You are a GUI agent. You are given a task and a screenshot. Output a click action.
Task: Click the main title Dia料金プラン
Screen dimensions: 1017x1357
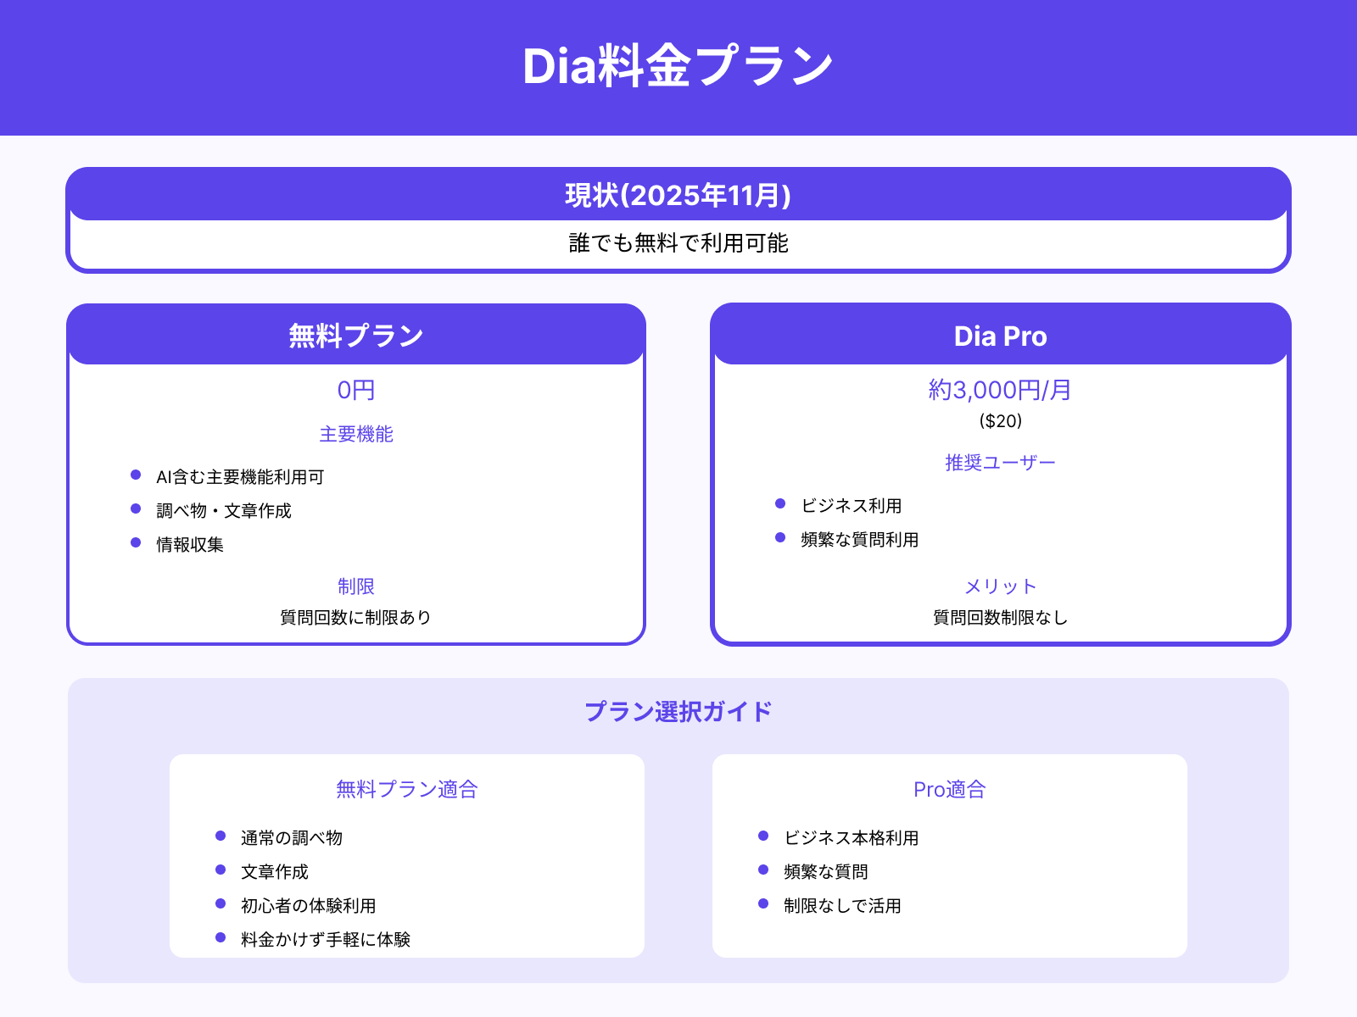[x=678, y=66]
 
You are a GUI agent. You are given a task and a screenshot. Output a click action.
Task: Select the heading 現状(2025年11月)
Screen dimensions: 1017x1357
[x=678, y=196]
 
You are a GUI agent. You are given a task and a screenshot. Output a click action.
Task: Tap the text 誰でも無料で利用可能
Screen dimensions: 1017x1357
[x=678, y=243]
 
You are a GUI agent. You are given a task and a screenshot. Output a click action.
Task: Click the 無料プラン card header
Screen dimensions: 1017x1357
[x=356, y=336]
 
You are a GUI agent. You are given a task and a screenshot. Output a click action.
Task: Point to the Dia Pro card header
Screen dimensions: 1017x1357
[x=1000, y=336]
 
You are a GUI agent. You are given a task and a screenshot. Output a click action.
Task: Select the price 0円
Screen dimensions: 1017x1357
[x=356, y=390]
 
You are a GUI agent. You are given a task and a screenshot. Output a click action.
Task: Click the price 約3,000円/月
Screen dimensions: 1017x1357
[x=1000, y=390]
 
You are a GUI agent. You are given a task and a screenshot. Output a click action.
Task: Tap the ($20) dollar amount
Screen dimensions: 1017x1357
[x=1000, y=420]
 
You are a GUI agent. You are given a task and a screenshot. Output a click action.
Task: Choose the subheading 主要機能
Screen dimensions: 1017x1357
[x=356, y=434]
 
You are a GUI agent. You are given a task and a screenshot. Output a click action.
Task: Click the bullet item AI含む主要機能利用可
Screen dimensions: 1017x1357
[x=240, y=477]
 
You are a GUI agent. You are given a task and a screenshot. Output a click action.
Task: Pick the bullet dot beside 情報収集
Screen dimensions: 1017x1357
[x=136, y=542]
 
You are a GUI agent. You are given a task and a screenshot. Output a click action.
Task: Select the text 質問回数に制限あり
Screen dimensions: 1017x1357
[x=356, y=617]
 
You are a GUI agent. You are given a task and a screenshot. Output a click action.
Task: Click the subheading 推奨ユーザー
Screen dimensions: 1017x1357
[x=1000, y=463]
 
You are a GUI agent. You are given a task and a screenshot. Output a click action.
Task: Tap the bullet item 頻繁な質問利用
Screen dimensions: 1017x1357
[x=859, y=540]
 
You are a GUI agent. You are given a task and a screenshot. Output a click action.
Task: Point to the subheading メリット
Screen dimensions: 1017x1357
[x=1000, y=586]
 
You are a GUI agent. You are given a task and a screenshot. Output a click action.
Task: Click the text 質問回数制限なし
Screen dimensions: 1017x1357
[x=1000, y=617]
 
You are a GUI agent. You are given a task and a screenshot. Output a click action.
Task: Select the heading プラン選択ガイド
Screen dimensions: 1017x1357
[x=678, y=711]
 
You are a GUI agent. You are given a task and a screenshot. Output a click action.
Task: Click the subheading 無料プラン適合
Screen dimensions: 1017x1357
[x=407, y=789]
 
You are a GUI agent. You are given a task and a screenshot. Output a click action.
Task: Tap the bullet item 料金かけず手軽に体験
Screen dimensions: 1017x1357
[x=326, y=939]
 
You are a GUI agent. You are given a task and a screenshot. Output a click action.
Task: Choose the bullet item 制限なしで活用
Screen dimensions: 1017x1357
[x=842, y=905]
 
